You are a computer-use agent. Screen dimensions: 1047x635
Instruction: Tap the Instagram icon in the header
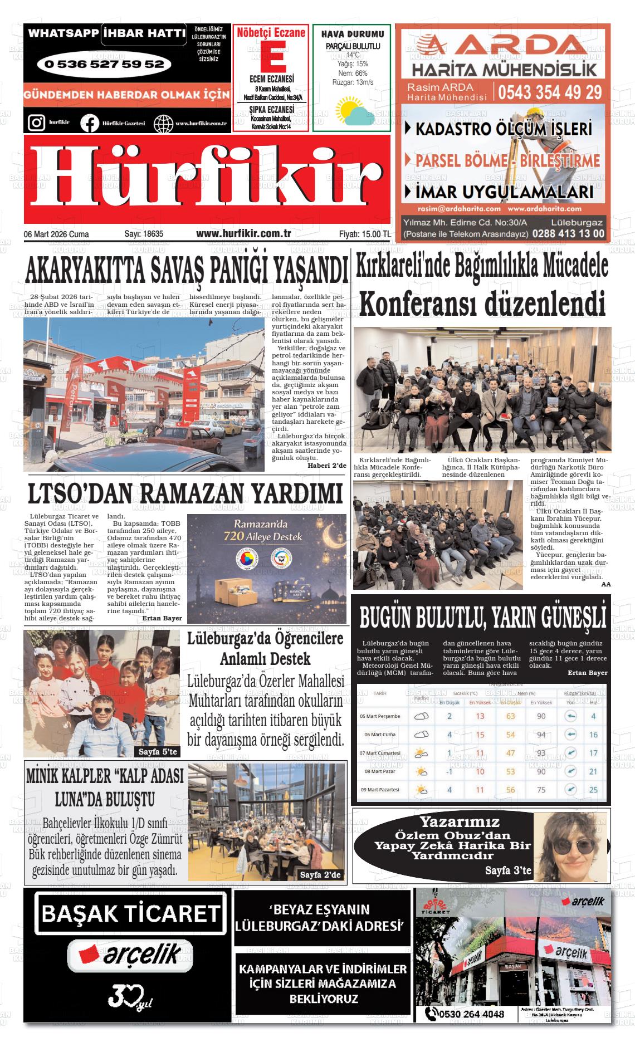pos(36,122)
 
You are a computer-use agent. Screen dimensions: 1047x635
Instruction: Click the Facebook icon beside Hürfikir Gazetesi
pos(89,123)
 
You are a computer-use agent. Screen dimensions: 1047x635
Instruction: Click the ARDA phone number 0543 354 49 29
pos(550,92)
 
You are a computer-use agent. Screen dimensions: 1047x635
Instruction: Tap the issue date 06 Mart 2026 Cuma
pos(56,234)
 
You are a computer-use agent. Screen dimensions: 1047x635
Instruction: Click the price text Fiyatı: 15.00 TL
pos(364,234)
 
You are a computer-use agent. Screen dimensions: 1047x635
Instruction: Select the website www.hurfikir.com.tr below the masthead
pos(243,234)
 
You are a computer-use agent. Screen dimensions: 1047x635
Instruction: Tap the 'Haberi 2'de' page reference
pos(327,466)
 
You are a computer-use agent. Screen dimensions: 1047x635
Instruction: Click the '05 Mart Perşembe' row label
pos(380,716)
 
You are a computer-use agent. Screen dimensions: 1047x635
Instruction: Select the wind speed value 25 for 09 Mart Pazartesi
pos(593,790)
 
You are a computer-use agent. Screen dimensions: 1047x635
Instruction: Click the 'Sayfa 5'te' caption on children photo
pos(158,752)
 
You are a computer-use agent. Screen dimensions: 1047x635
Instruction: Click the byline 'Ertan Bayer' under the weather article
pos(588,673)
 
